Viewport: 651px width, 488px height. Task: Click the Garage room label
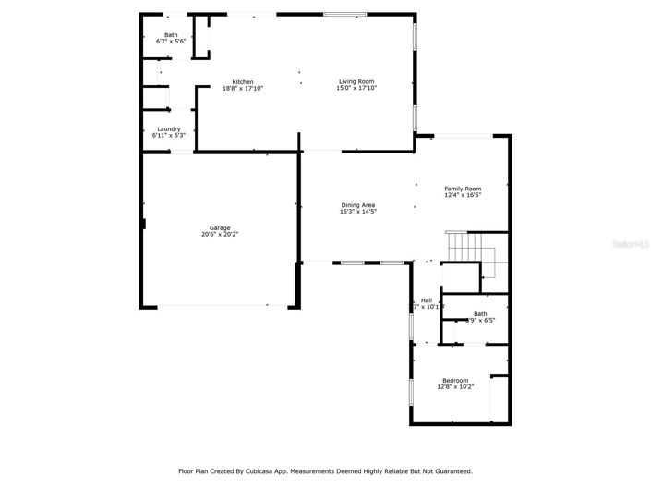(220, 227)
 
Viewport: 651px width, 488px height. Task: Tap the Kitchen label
(243, 81)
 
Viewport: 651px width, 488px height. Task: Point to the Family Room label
(463, 189)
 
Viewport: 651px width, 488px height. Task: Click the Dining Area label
(358, 205)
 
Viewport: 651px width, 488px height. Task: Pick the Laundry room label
(169, 129)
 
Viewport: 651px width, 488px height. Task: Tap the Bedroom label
(455, 380)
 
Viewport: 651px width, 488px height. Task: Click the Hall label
(427, 299)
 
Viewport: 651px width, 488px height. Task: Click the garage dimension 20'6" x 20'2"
(220, 234)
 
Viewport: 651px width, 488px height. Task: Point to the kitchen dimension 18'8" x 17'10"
(243, 88)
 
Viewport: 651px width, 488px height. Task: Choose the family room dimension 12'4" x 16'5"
(463, 195)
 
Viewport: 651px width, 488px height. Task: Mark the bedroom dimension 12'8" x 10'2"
(455, 386)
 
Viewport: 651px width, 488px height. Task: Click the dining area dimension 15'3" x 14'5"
(358, 212)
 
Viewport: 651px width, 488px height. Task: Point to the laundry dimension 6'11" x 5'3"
(169, 136)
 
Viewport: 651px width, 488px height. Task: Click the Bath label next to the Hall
(480, 313)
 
